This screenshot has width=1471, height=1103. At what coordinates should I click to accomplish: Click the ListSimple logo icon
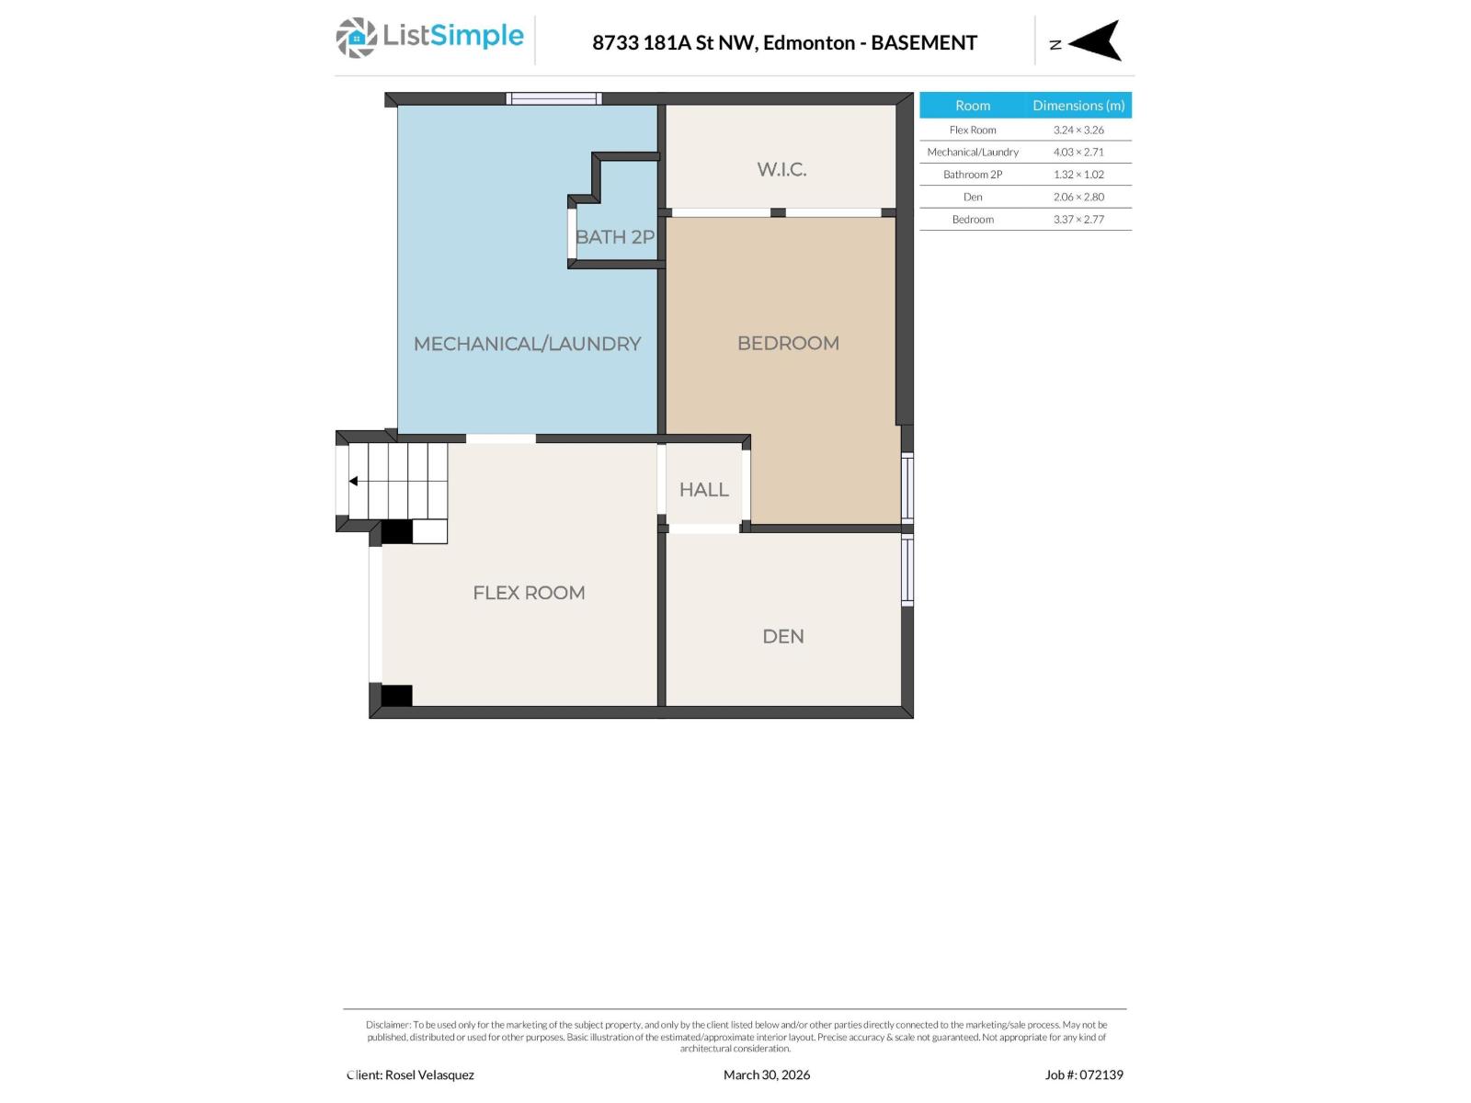click(x=356, y=38)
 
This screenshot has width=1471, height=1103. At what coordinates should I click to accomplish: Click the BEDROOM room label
click(x=788, y=343)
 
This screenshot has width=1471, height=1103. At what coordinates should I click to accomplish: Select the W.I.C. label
click(x=781, y=169)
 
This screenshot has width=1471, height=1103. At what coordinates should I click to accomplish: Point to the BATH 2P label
click(x=614, y=237)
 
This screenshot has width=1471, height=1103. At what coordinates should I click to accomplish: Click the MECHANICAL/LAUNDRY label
click(x=527, y=344)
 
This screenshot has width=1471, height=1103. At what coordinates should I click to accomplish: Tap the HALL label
click(x=703, y=490)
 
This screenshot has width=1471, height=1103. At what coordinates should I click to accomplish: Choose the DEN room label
click(x=783, y=636)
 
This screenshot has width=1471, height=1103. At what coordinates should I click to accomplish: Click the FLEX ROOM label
click(x=529, y=593)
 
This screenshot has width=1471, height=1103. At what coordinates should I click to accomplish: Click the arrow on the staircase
click(x=354, y=481)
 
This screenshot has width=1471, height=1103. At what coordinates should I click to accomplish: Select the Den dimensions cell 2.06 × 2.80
click(x=1078, y=197)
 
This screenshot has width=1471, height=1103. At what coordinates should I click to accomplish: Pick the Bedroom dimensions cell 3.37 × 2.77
click(x=1078, y=219)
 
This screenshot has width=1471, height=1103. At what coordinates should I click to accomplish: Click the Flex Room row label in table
click(x=973, y=130)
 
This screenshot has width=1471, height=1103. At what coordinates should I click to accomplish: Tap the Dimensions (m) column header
click(x=1078, y=106)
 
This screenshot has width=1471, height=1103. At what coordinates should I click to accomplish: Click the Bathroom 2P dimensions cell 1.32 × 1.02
click(x=1078, y=175)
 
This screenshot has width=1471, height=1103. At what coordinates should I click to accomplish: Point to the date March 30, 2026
click(x=767, y=1075)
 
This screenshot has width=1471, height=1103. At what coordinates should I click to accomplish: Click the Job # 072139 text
click(x=1084, y=1075)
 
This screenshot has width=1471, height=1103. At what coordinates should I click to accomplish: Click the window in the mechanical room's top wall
click(x=553, y=98)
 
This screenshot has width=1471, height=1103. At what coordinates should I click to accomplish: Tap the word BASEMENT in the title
click(x=924, y=42)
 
